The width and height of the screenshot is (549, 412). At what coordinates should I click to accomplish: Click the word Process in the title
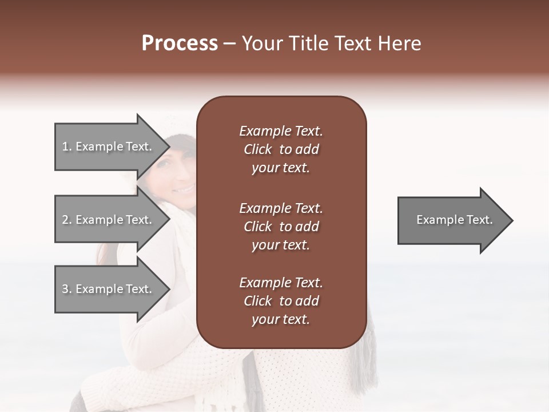[180, 43]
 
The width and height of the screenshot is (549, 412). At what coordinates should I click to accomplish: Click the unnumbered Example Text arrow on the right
[454, 220]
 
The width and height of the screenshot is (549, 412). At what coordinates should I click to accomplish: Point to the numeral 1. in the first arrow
[66, 146]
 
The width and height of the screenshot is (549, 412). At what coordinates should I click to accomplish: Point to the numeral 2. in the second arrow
[66, 220]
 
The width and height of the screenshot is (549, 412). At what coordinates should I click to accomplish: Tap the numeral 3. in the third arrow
[66, 289]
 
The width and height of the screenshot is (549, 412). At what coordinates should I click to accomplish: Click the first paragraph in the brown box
[281, 149]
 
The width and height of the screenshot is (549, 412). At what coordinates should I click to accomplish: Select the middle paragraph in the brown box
[281, 227]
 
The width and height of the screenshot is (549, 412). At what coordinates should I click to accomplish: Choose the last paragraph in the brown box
[281, 301]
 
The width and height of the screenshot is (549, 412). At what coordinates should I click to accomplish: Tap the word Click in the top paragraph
[257, 149]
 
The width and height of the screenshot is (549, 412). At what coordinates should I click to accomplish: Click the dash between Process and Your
[229, 43]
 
